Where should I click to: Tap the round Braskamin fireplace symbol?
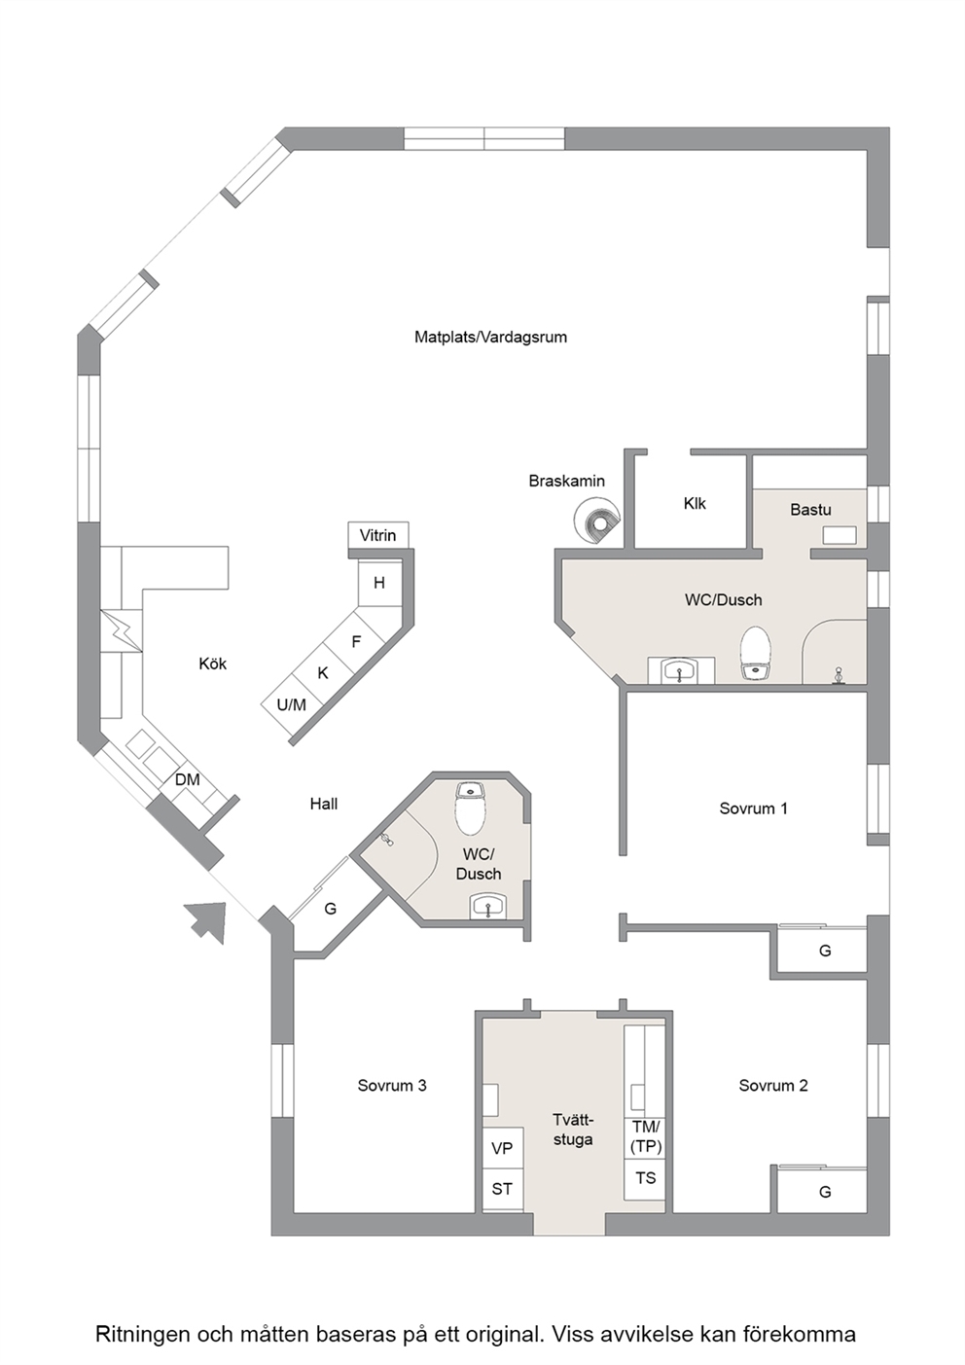[x=597, y=520]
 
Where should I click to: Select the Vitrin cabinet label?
[x=377, y=536]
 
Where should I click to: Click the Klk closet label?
[x=695, y=503]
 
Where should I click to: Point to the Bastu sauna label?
[x=810, y=510]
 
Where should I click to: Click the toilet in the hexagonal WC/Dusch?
[x=470, y=808]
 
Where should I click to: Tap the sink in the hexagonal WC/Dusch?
[x=487, y=906]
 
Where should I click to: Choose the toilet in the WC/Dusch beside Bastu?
[x=756, y=653]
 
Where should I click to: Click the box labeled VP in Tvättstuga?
[x=503, y=1148]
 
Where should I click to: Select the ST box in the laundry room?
[x=503, y=1189]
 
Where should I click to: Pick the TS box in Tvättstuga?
[x=645, y=1178]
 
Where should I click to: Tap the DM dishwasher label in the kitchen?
[x=187, y=779]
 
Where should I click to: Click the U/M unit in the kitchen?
[x=291, y=705]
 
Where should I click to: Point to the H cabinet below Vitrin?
[x=379, y=583]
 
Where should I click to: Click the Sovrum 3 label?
[x=392, y=1086]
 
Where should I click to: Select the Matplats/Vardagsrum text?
[x=490, y=337]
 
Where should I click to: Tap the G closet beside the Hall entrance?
[x=330, y=909]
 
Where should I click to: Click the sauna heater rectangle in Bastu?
[x=840, y=536]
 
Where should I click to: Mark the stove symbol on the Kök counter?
[x=122, y=630]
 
